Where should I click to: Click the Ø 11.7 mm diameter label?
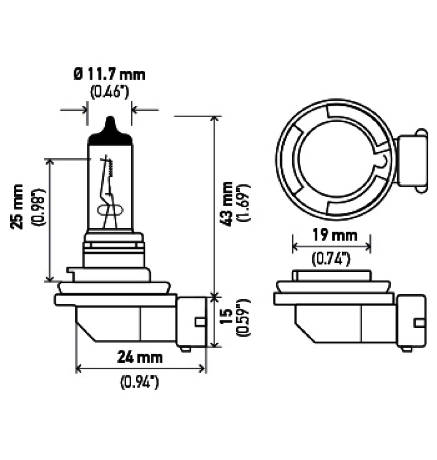coord(109,74)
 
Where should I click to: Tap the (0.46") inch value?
coord(110,92)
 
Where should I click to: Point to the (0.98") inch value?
coord(38,207)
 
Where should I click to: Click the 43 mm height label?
coord(228,204)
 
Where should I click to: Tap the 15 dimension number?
coord(227,317)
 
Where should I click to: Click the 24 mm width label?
coord(140,358)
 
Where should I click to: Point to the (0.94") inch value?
coord(140,382)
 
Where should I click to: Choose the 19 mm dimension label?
coord(335,236)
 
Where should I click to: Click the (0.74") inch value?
coord(331,259)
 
